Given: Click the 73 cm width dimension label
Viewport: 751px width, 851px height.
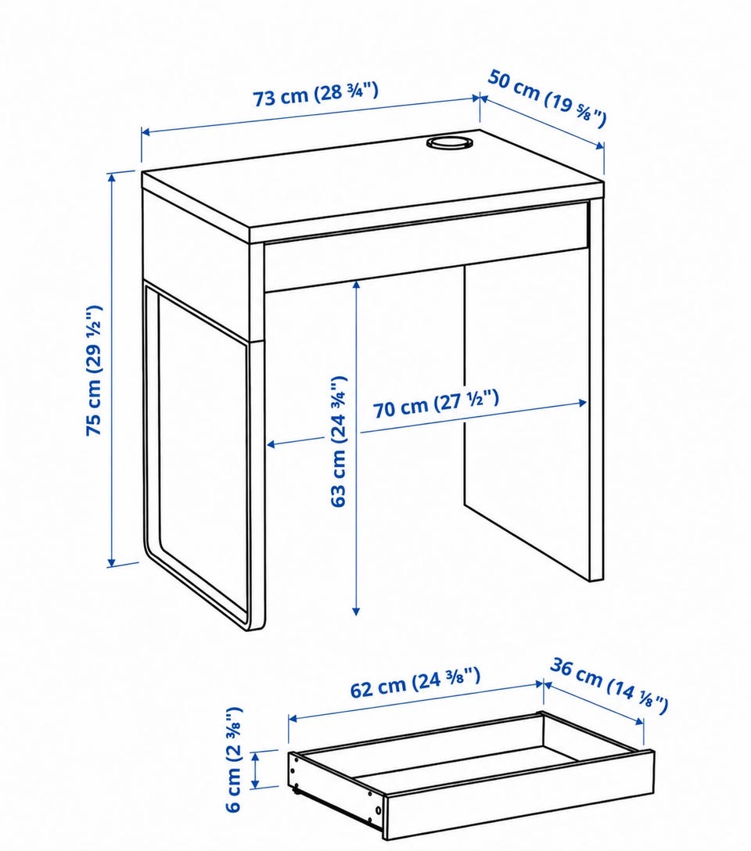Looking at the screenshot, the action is pyautogui.click(x=315, y=95).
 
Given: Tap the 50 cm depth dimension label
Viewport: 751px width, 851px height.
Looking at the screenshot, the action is pyautogui.click(x=547, y=99).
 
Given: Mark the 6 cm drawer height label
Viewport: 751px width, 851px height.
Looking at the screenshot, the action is pyautogui.click(x=233, y=759).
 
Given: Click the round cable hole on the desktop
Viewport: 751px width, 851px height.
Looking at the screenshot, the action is pyautogui.click(x=449, y=142).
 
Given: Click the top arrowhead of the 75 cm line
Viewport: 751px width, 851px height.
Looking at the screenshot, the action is pyautogui.click(x=113, y=178).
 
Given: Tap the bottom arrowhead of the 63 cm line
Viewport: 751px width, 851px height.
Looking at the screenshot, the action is pyautogui.click(x=357, y=611).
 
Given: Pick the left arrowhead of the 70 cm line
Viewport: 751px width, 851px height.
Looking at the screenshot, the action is pyautogui.click(x=272, y=444).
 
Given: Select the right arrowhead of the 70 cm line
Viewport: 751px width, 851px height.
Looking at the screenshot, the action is pyautogui.click(x=581, y=403).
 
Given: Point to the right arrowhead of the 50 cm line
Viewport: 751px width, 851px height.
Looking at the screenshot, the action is pyautogui.click(x=599, y=145).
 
